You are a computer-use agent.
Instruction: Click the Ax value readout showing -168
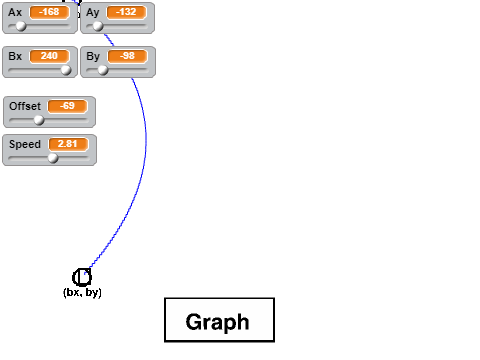tap(49, 12)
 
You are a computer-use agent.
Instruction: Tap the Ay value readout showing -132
tap(126, 12)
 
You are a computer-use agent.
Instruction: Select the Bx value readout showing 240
tap(49, 56)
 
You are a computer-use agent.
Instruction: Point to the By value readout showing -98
tap(127, 56)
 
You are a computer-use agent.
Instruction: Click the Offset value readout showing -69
tap(68, 106)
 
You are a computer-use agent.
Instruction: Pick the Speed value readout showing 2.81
tap(68, 144)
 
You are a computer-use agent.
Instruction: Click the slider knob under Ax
tap(21, 26)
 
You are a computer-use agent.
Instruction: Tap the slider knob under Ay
tap(98, 26)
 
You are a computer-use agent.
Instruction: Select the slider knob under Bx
tap(66, 70)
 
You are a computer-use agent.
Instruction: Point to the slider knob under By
tap(103, 70)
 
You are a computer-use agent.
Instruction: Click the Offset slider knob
tap(39, 120)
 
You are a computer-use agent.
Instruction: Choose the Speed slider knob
tap(53, 158)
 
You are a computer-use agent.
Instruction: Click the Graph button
tap(220, 320)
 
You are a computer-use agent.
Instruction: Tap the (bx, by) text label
tap(82, 292)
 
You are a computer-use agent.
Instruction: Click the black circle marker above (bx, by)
tap(82, 277)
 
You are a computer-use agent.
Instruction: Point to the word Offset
tap(25, 106)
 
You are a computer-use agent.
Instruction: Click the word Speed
tap(25, 144)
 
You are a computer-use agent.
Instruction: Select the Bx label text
tap(15, 56)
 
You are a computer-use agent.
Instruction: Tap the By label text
tap(93, 57)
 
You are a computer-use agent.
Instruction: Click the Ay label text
tap(93, 13)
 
